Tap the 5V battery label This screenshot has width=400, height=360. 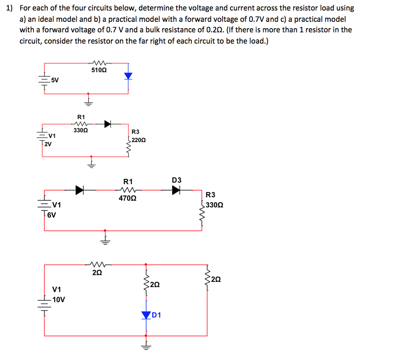(x=55, y=80)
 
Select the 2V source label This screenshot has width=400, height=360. (x=47, y=143)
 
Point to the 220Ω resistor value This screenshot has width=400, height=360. (x=139, y=139)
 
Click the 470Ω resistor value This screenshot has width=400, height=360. (x=127, y=198)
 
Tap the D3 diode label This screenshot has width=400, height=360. (x=177, y=180)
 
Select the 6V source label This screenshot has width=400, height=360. (x=52, y=214)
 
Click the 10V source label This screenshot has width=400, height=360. (x=59, y=299)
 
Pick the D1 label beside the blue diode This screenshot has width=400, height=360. (x=156, y=314)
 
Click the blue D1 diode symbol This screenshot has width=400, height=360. (x=146, y=314)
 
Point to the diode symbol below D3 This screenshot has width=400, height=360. (x=177, y=190)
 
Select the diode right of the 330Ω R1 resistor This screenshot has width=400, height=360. (x=107, y=124)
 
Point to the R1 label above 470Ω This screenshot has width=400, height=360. (x=128, y=181)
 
